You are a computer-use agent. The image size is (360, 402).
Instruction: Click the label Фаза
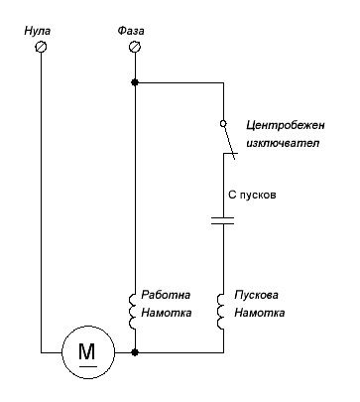[134, 31]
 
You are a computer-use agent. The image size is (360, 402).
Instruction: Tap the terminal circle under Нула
[41, 47]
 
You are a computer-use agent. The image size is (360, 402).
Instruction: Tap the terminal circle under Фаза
[135, 47]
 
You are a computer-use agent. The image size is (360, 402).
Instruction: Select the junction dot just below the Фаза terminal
[135, 83]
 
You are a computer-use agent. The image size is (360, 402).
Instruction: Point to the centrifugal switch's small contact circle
[223, 124]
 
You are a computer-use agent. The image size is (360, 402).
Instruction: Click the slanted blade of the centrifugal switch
[228, 145]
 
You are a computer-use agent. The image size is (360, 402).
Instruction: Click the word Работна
[166, 296]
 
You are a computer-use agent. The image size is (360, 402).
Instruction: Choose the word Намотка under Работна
[167, 313]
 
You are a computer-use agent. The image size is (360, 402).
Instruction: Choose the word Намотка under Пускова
[259, 313]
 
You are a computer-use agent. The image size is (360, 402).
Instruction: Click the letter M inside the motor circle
[85, 350]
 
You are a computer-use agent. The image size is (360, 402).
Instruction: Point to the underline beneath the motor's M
[85, 364]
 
